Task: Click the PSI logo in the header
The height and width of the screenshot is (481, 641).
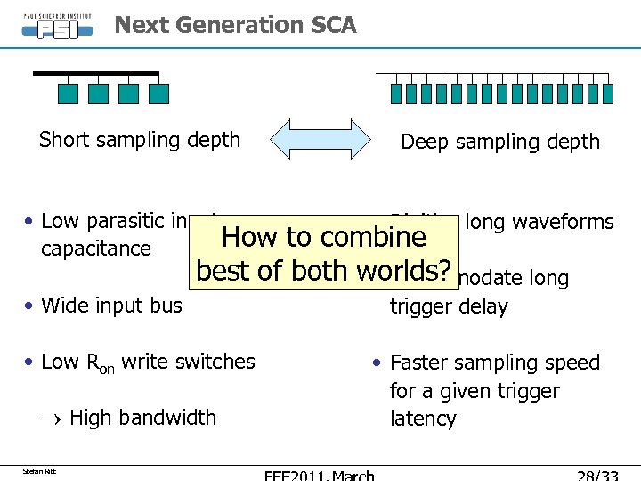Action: coord(58,24)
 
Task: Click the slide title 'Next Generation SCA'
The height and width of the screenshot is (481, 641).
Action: coord(235,25)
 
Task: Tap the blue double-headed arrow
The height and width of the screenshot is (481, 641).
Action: coord(320,139)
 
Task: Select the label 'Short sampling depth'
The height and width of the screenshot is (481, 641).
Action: coord(140,140)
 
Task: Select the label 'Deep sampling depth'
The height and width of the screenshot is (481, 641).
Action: coord(500,142)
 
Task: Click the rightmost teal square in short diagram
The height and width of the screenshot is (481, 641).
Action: coord(158,94)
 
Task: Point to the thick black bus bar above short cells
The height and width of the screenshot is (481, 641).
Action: coord(96,73)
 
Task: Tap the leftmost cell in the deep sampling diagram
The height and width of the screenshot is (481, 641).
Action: coord(397,94)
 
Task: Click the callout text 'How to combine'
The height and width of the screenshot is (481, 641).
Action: coord(324,237)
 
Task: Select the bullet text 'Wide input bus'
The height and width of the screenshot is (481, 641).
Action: coord(111,306)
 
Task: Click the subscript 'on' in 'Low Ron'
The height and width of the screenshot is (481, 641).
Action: coord(106,367)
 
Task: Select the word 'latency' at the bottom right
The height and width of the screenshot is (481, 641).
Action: coord(423,419)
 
